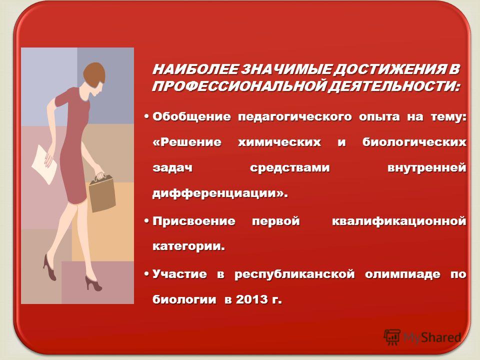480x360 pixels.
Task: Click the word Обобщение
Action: pyautogui.click(x=191, y=116)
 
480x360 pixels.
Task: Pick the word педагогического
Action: pyautogui.click(x=295, y=117)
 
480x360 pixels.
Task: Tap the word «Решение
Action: pyautogui.click(x=186, y=142)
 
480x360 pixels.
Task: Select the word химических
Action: pyautogui.click(x=279, y=142)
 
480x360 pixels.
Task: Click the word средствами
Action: pyautogui.click(x=289, y=168)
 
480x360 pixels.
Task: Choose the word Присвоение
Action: pyautogui.click(x=194, y=221)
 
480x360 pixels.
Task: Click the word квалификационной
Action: pyautogui.click(x=399, y=221)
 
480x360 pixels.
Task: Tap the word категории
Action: pyautogui.click(x=186, y=246)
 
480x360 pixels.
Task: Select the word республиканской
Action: pyautogui.click(x=294, y=274)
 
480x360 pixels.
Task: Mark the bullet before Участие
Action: pyautogui.click(x=147, y=272)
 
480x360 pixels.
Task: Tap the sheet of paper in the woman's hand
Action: pyautogui.click(x=44, y=164)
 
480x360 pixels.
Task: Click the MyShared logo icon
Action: pyautogui.click(x=392, y=337)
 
